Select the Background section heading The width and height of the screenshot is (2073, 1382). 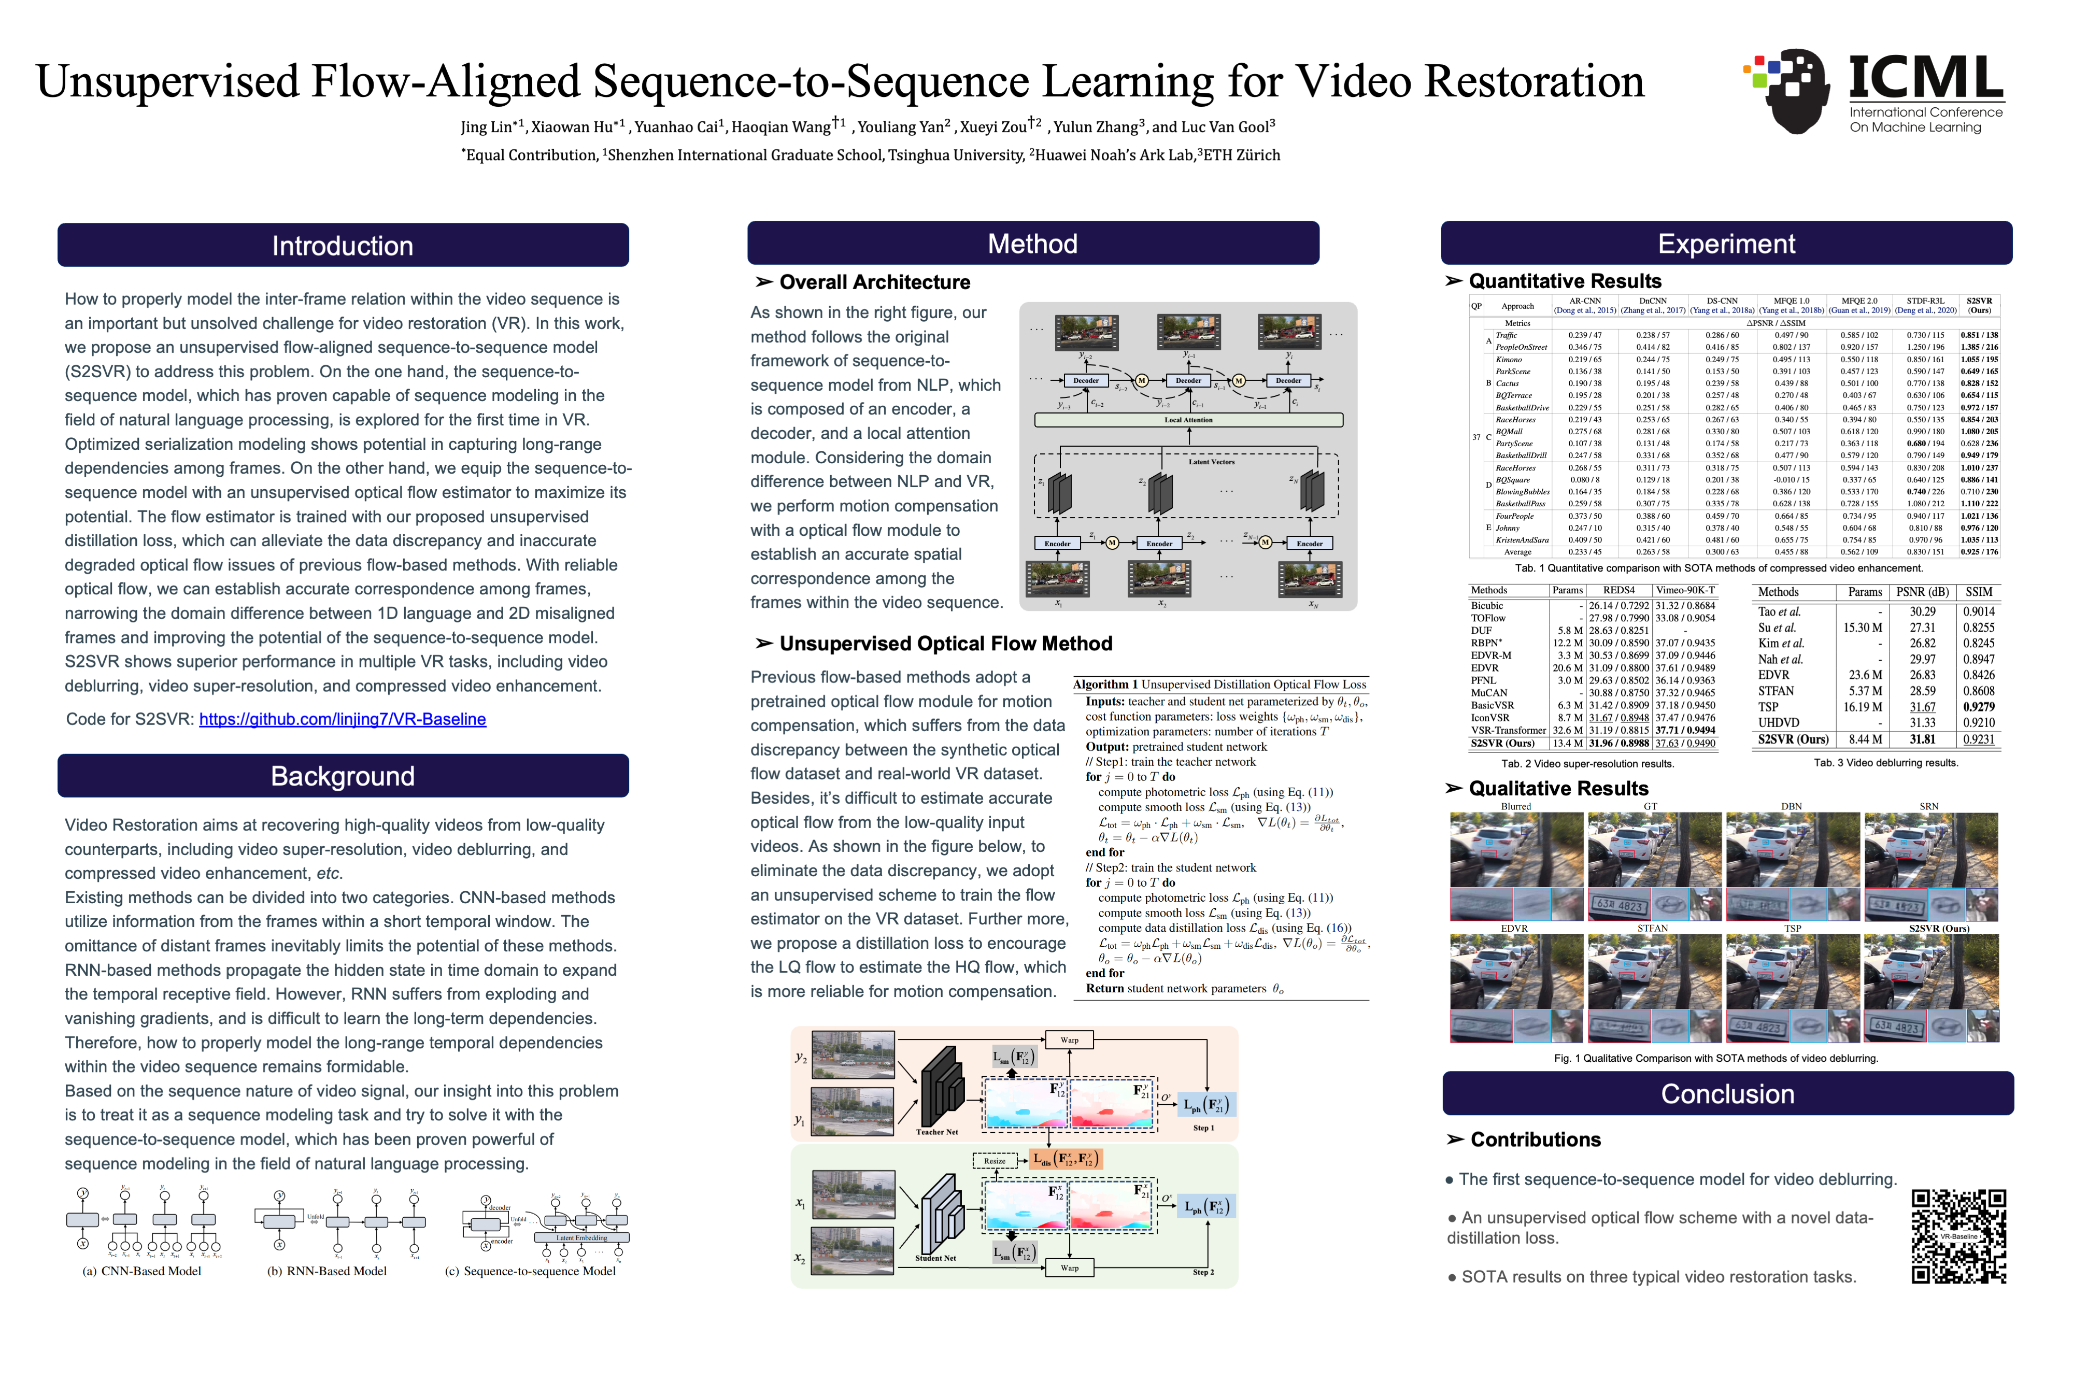point(343,776)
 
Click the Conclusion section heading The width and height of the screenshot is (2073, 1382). point(1727,1094)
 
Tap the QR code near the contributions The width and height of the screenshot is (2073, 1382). point(1958,1236)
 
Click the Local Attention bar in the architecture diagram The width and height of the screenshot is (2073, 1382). point(1188,420)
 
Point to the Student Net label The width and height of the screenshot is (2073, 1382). point(935,1258)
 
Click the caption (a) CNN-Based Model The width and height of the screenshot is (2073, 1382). point(142,1271)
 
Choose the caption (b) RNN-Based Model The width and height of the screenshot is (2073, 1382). point(327,1271)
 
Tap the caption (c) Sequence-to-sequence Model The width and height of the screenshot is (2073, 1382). point(531,1271)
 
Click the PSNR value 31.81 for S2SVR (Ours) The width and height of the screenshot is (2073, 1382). point(1922,739)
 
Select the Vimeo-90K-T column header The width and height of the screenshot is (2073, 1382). point(1685,591)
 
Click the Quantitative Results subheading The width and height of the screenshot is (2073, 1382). point(1565,281)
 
